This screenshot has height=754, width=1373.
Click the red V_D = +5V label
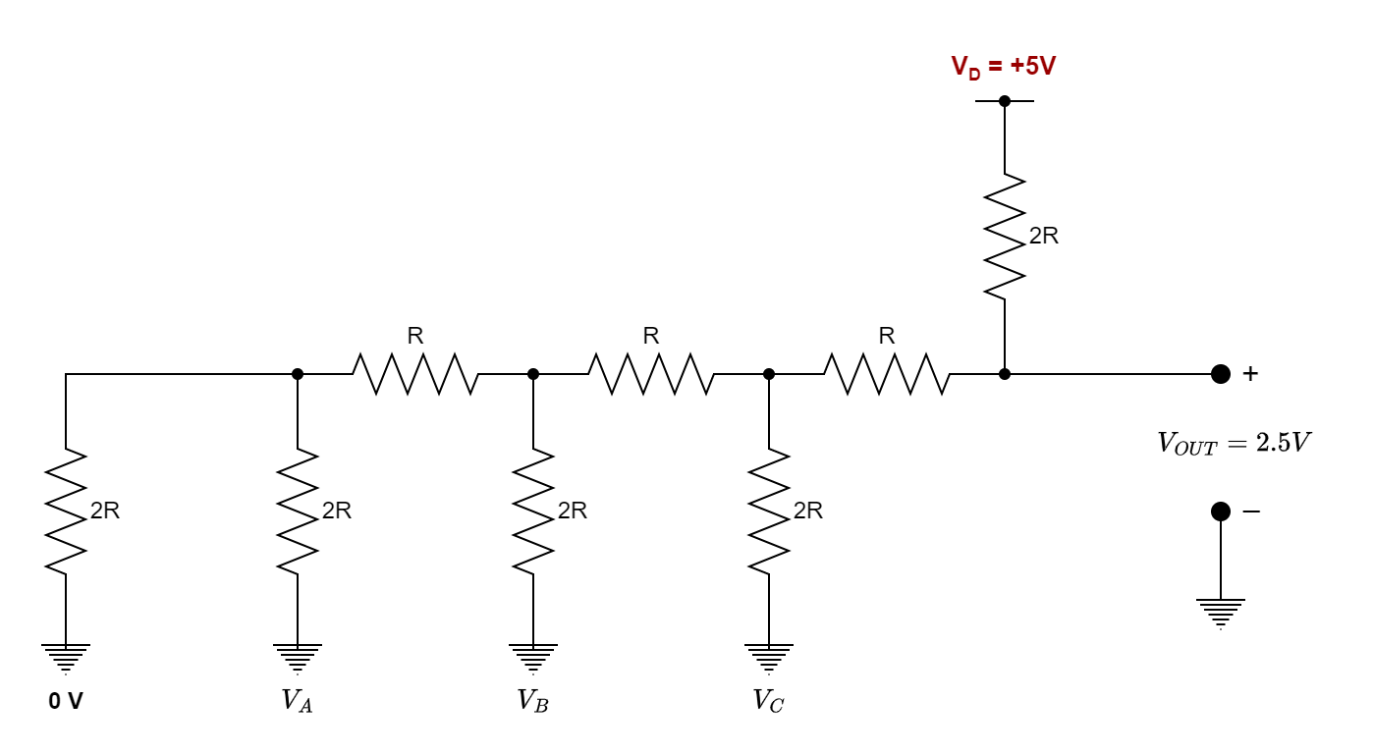(x=1003, y=67)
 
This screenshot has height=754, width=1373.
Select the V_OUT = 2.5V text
(x=1234, y=443)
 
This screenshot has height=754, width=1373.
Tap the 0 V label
(x=66, y=701)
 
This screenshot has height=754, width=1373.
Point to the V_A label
(x=297, y=701)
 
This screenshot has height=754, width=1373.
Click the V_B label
(x=532, y=701)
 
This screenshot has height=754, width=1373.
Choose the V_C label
(x=768, y=701)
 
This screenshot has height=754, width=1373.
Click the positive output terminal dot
(x=1220, y=374)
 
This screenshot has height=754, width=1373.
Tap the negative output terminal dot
(x=1220, y=512)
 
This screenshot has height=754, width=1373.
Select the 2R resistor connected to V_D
(x=1005, y=237)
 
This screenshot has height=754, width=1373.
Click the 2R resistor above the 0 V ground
(x=66, y=512)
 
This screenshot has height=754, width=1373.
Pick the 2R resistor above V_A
(x=298, y=512)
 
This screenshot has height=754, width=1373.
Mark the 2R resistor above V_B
(x=533, y=512)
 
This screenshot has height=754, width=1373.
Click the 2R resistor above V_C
(x=769, y=512)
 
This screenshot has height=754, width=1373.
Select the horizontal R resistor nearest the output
(x=887, y=374)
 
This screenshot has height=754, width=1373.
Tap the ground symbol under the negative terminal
(x=1220, y=612)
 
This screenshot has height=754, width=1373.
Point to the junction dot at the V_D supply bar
(x=1005, y=101)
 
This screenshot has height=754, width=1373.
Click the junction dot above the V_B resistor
(x=533, y=374)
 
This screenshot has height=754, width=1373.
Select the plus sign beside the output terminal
(x=1250, y=374)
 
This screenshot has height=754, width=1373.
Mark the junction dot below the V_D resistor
(x=1005, y=374)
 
